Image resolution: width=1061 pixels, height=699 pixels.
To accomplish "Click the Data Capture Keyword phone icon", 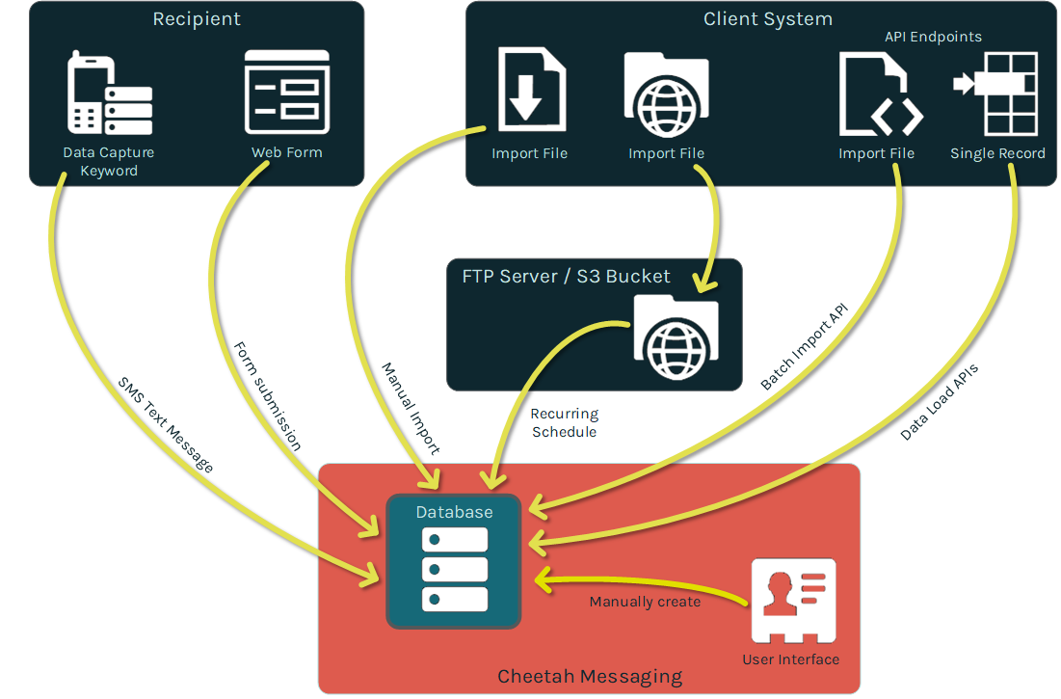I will [109, 94].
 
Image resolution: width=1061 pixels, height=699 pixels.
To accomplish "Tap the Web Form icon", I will [287, 92].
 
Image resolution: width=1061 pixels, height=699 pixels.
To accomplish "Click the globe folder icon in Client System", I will [666, 94].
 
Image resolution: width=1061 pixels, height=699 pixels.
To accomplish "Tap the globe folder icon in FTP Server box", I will [676, 336].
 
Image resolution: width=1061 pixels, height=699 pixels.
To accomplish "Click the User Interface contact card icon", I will [792, 601].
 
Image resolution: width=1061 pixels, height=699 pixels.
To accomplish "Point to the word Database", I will [454, 512].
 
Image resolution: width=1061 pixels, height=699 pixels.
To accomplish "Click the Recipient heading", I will [197, 19].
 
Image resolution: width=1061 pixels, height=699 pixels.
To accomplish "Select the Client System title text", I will [767, 19].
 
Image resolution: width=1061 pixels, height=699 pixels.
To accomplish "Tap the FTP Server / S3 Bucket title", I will [566, 277].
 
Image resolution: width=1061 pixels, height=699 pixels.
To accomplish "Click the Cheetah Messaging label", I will [590, 677].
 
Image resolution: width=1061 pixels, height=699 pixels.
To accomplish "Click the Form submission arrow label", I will [267, 395].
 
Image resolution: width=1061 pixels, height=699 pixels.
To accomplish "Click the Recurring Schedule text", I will [564, 422].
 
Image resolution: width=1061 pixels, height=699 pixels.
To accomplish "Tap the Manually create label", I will [645, 602].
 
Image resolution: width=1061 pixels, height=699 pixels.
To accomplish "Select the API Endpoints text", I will [933, 37].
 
